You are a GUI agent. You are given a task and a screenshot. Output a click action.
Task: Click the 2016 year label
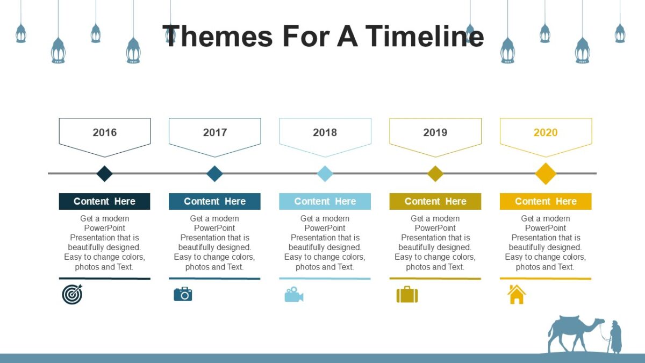coord(104,132)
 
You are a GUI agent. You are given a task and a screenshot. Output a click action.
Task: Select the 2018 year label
coord(325,132)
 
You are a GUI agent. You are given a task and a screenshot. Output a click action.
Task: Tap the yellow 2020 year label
coord(545,132)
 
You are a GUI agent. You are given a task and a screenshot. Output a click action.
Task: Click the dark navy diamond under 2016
coord(104,174)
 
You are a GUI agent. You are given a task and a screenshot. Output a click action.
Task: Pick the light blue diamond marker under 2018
coord(325,174)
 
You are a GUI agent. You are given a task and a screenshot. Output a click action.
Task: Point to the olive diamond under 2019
coord(435,174)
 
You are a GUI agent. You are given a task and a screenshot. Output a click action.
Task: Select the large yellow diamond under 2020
coord(546,174)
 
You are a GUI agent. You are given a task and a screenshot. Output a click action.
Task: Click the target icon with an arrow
coord(72,294)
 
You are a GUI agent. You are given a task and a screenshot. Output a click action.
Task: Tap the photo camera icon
coord(183,294)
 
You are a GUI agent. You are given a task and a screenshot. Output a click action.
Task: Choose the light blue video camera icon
coord(294,295)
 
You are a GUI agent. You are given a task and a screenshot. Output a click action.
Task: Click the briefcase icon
coord(407,295)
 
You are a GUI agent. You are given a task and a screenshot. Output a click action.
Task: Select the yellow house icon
coord(517,295)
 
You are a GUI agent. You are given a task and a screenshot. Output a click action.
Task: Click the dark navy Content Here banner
coord(104,201)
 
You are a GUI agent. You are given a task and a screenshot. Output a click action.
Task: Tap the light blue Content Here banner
coord(325,201)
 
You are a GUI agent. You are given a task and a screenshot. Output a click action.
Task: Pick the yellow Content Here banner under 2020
coord(546,201)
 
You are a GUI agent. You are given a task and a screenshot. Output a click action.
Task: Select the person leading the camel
coord(615,337)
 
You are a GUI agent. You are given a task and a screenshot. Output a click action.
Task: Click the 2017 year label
coord(214,132)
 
